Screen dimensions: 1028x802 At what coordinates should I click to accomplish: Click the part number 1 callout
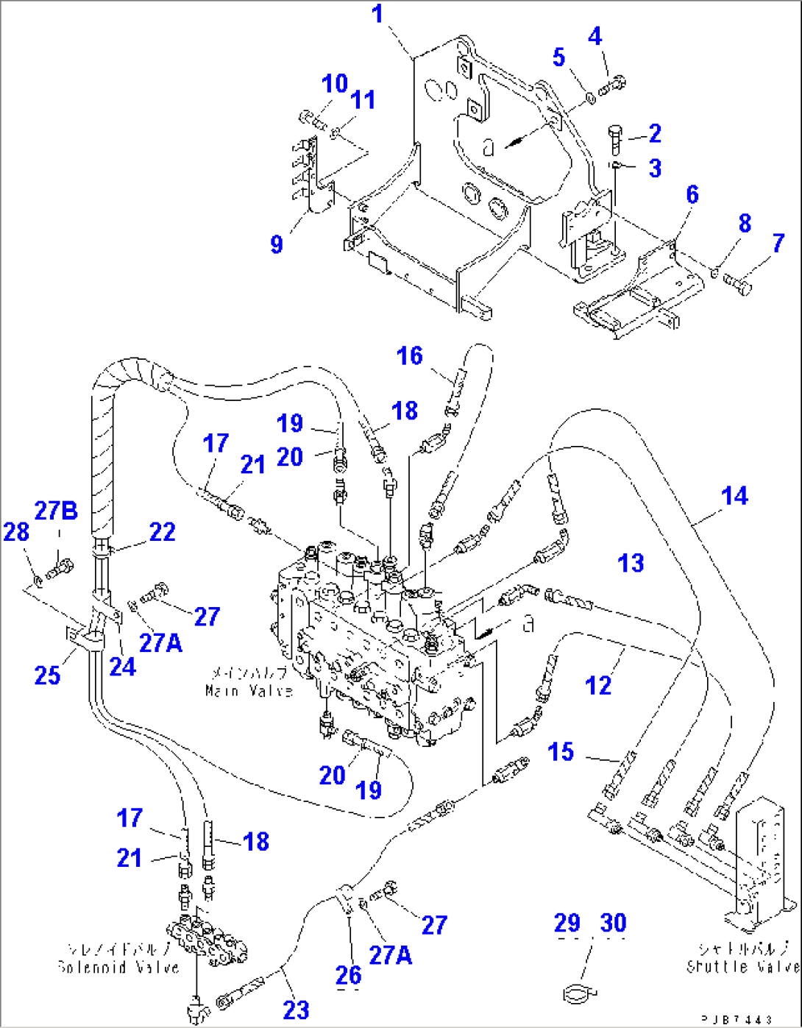(x=377, y=14)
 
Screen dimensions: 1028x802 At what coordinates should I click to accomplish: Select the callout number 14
(x=734, y=496)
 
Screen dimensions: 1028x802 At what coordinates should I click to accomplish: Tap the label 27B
(x=56, y=510)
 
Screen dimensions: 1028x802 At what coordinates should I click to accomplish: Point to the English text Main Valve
(x=249, y=690)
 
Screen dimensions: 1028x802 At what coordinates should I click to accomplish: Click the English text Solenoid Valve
(x=118, y=967)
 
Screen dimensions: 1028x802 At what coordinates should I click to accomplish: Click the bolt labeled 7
(x=738, y=282)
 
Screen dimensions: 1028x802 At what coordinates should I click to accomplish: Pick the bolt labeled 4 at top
(x=612, y=86)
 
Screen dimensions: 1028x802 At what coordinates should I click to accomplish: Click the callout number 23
(x=296, y=1009)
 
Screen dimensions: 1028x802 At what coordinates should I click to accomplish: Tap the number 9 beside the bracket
(x=277, y=244)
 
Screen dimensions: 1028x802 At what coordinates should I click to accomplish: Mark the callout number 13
(x=631, y=563)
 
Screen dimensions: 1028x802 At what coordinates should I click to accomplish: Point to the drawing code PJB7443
(x=736, y=1019)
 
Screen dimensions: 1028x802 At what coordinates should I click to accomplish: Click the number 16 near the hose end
(x=409, y=356)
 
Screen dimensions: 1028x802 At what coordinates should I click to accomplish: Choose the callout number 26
(x=348, y=974)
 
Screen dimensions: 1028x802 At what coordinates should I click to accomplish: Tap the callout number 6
(x=692, y=194)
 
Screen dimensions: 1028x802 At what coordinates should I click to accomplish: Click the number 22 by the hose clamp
(x=162, y=531)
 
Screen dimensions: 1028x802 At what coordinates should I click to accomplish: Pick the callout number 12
(x=598, y=685)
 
